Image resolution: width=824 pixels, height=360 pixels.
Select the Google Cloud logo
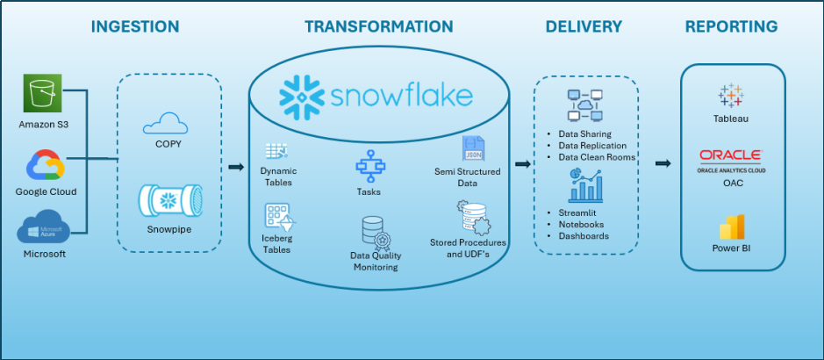coord(44,165)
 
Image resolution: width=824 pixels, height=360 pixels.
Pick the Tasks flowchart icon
coord(367,166)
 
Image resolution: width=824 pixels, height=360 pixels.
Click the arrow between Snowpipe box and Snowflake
coord(235,167)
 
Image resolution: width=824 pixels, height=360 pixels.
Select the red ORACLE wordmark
coord(730,156)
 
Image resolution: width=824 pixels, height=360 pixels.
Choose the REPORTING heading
coord(731,26)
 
